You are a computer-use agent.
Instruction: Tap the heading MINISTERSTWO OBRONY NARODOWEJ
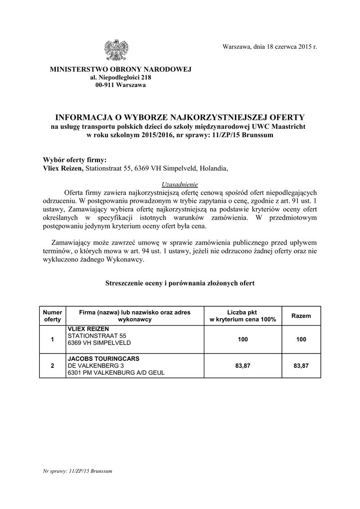[x=120, y=69]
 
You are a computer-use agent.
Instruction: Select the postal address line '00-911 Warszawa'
[x=120, y=85]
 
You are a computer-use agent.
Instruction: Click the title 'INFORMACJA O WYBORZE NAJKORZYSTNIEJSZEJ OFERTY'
[x=180, y=117]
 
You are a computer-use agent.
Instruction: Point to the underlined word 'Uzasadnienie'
[x=180, y=183]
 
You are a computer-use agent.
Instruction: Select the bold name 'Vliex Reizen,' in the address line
[x=64, y=169]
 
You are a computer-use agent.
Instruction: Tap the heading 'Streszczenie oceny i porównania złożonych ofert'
[x=180, y=283]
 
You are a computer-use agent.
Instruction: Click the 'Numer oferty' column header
[x=52, y=316]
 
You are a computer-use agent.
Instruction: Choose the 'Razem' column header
[x=301, y=316]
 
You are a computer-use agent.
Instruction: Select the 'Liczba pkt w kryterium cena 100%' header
[x=243, y=316]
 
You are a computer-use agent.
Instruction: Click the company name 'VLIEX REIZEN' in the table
[x=88, y=329]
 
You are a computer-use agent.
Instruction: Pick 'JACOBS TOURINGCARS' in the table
[x=103, y=358]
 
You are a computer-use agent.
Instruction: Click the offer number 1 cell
[x=52, y=339]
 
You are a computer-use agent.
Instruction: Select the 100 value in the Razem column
[x=301, y=339]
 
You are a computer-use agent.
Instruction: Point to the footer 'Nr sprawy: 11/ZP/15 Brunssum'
[x=78, y=470]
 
